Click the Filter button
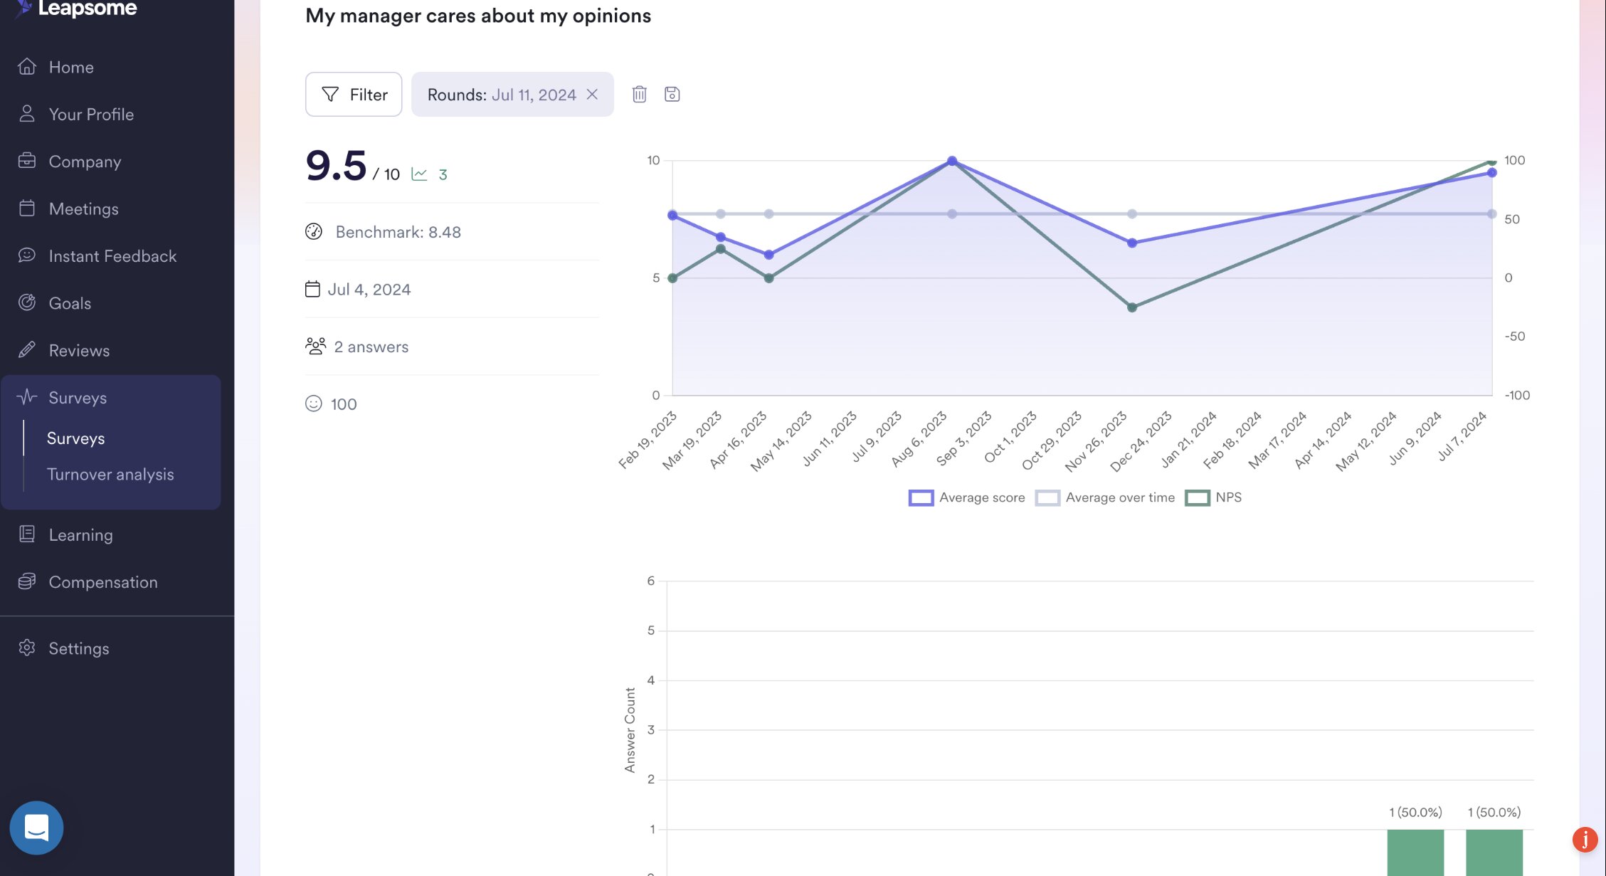pyautogui.click(x=354, y=94)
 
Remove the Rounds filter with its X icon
pyautogui.click(x=592, y=94)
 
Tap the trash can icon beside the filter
pyautogui.click(x=639, y=94)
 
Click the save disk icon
pyautogui.click(x=672, y=94)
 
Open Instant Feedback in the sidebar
pyautogui.click(x=112, y=256)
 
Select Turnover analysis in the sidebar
pyautogui.click(x=110, y=475)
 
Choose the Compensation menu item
pyautogui.click(x=102, y=582)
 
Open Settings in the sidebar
pyautogui.click(x=78, y=648)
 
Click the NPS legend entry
pyautogui.click(x=1214, y=497)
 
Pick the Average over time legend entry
pyautogui.click(x=1106, y=497)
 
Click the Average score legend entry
pyautogui.click(x=967, y=497)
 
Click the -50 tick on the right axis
pyautogui.click(x=1515, y=337)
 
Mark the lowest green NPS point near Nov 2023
pyautogui.click(x=1132, y=307)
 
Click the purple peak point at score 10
pyautogui.click(x=952, y=161)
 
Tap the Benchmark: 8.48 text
pyautogui.click(x=398, y=232)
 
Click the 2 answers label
pyautogui.click(x=371, y=347)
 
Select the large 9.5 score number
pyautogui.click(x=336, y=166)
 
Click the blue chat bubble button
pyautogui.click(x=36, y=828)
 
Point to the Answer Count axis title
pyautogui.click(x=630, y=729)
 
